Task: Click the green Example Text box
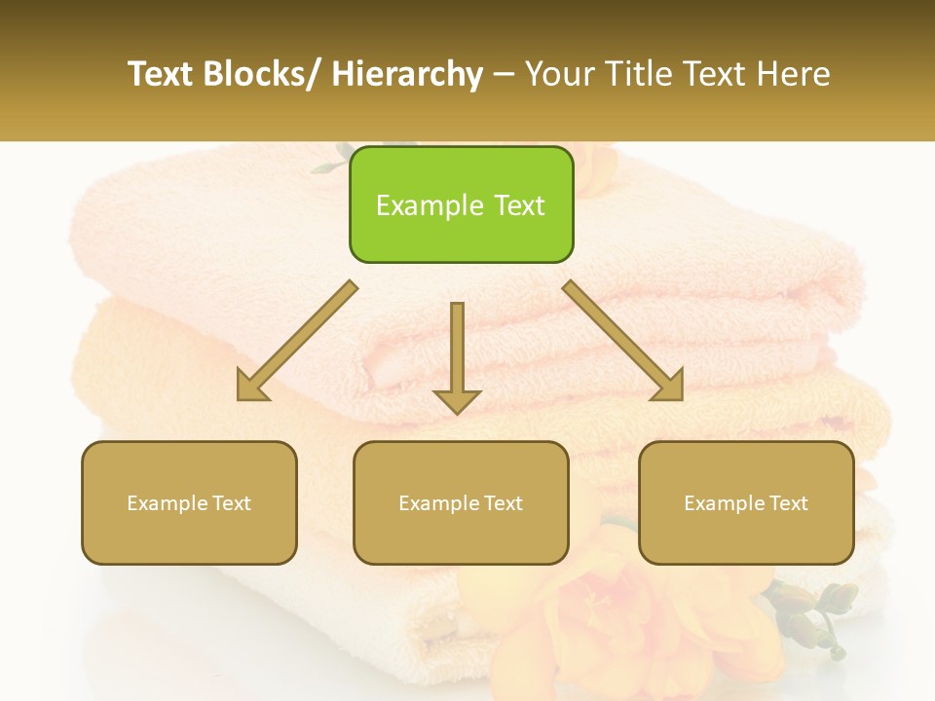tap(461, 204)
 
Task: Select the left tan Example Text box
tap(189, 502)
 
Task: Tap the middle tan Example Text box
tap(461, 502)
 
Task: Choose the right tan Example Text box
tap(746, 502)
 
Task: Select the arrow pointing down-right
tap(623, 341)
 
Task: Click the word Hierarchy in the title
tap(407, 74)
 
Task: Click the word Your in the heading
tap(559, 74)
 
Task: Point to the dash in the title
tap(504, 76)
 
